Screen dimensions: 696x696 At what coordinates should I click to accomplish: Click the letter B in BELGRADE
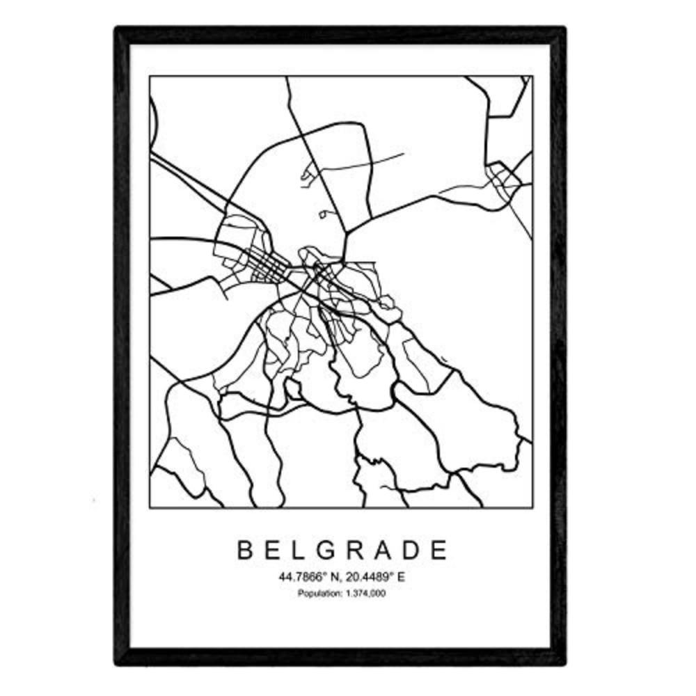(245, 551)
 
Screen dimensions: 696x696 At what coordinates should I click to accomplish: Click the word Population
(318, 593)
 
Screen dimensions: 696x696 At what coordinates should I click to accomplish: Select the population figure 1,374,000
(365, 593)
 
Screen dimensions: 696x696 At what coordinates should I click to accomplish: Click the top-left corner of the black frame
(117, 29)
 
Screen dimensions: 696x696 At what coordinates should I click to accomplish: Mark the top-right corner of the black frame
(564, 29)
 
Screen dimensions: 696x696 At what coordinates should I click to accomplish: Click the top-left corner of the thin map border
(150, 77)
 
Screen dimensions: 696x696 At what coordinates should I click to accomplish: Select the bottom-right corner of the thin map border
(532, 507)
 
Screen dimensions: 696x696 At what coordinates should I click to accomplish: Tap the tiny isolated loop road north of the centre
(322, 214)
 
